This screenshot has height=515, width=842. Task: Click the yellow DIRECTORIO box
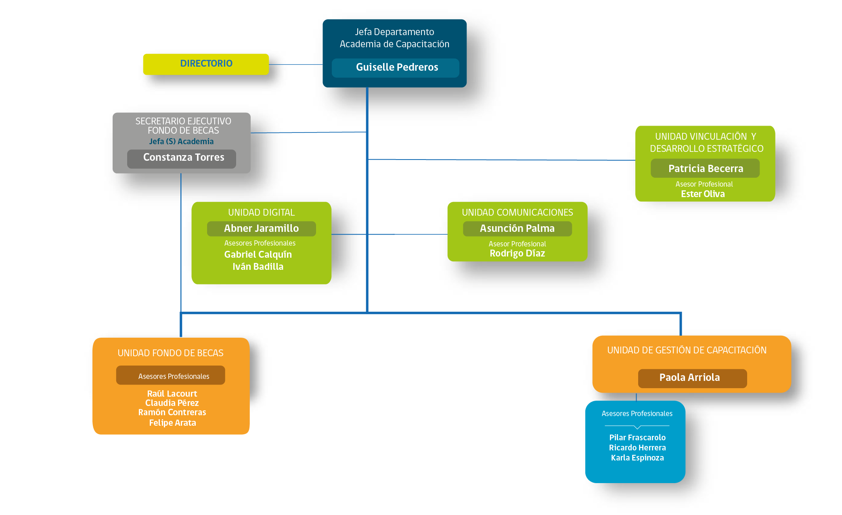[206, 64]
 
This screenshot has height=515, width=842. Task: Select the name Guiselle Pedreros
[397, 67]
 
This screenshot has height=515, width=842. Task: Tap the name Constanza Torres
[184, 157]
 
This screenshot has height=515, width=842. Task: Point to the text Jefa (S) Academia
[181, 141]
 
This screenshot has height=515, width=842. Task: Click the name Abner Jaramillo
[262, 228]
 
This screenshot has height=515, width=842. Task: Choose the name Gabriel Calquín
[258, 254]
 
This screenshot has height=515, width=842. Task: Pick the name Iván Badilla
[258, 267]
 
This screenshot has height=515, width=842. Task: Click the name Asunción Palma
[517, 228]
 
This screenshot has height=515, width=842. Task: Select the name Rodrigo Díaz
[517, 253]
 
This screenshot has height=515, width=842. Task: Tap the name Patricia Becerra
[706, 168]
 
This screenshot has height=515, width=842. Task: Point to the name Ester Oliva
[703, 194]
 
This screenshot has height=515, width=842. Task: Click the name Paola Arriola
[689, 377]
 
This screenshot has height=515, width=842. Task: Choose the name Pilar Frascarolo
[637, 437]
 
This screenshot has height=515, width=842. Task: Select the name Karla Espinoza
[637, 458]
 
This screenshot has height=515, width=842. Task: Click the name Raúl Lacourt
[172, 393]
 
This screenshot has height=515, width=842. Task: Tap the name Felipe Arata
[172, 423]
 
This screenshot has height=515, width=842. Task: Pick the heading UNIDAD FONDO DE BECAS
[170, 353]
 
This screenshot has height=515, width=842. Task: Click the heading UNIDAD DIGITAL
[261, 212]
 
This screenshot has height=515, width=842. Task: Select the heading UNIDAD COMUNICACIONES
[517, 212]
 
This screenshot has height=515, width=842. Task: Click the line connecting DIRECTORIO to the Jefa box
[296, 64]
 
